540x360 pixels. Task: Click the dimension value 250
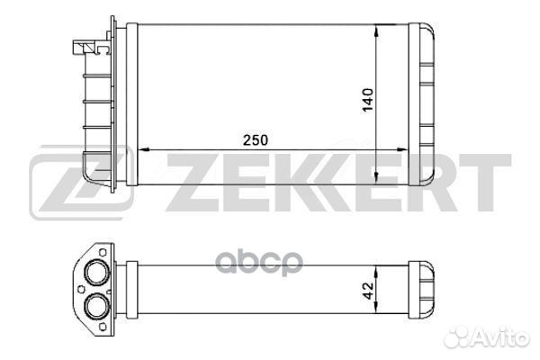[x=256, y=140]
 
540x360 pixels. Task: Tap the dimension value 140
[x=368, y=100]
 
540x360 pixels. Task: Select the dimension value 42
[x=368, y=291]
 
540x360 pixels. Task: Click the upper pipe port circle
[x=97, y=272]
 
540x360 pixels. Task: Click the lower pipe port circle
[x=97, y=306]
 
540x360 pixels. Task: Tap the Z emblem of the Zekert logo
[x=81, y=182]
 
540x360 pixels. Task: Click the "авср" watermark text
[x=259, y=263]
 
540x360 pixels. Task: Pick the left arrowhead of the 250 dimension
[x=142, y=150]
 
